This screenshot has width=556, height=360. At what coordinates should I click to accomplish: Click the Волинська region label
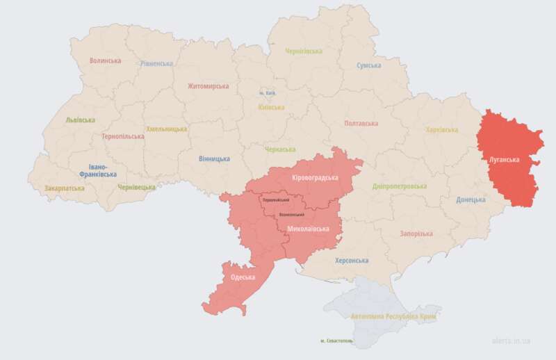coord(105,60)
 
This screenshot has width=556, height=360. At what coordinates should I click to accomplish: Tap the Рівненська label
coord(156,63)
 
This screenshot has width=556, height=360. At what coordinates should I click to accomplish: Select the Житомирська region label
coord(208,86)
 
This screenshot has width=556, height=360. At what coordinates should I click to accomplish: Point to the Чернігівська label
coord(304,51)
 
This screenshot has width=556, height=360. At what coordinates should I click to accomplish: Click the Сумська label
coord(368,65)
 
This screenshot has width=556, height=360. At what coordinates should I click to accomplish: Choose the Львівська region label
coord(80,120)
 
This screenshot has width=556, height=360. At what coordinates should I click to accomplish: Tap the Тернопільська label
coord(122,136)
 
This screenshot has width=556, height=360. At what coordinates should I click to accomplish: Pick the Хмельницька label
coord(166,129)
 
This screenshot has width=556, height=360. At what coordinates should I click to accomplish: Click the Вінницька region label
coord(214,158)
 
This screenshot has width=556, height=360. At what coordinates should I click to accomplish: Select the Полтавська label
coord(361,123)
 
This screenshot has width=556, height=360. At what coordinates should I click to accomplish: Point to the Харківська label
coord(441,130)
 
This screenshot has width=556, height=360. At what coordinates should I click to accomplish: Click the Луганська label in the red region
coord(505,159)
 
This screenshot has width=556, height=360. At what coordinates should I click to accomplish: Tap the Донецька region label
coord(471,200)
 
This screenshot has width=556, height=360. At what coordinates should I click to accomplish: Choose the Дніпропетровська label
coord(400,187)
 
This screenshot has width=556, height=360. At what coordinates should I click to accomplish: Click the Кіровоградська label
coord(315,177)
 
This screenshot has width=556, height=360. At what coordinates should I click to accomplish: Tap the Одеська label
coord(243,277)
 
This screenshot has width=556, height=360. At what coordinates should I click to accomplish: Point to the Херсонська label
coord(352,261)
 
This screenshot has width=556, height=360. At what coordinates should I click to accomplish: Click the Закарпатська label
coord(65,188)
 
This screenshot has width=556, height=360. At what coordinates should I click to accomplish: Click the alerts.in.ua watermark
coord(511,341)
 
